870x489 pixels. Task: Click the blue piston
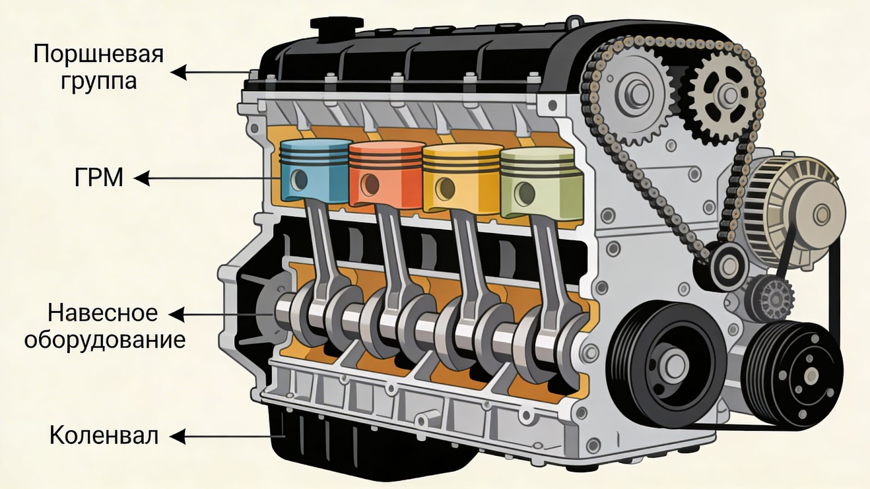(x=315, y=171)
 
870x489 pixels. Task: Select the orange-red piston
(x=387, y=175)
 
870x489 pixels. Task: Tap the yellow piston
(x=462, y=178)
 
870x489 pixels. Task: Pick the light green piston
(x=542, y=183)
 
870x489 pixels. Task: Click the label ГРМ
(x=98, y=178)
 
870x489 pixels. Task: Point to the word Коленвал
(x=104, y=436)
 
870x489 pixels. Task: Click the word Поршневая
(x=98, y=54)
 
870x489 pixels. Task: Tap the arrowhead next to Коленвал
(x=178, y=437)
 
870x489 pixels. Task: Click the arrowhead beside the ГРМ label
(x=142, y=178)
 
